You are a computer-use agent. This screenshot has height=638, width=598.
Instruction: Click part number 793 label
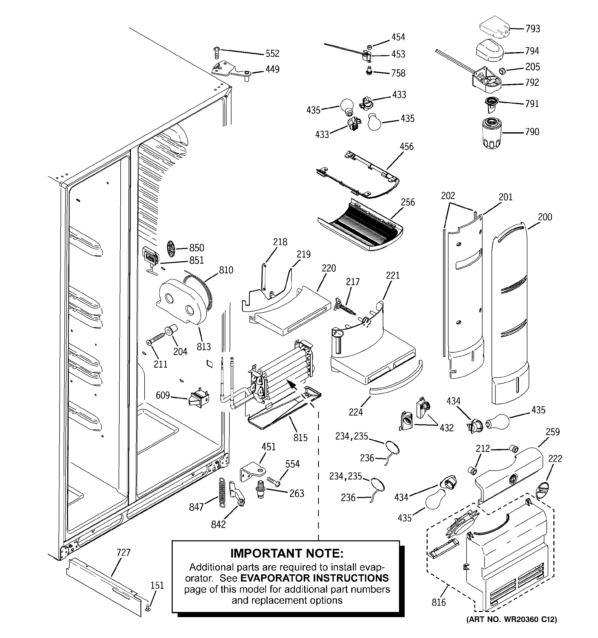[533, 29]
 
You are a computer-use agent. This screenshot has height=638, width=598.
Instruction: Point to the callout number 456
[406, 147]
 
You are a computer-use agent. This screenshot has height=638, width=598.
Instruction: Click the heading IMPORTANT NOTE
[287, 553]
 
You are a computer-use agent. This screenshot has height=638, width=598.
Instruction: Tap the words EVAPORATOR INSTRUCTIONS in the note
[314, 578]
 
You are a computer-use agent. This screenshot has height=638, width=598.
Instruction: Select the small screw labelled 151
[148, 608]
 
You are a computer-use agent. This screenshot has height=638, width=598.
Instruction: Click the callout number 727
[123, 552]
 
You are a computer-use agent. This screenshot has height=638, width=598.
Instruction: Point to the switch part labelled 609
[199, 399]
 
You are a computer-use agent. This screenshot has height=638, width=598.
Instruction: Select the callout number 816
[438, 602]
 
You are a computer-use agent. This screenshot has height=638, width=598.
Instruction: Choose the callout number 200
[545, 217]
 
